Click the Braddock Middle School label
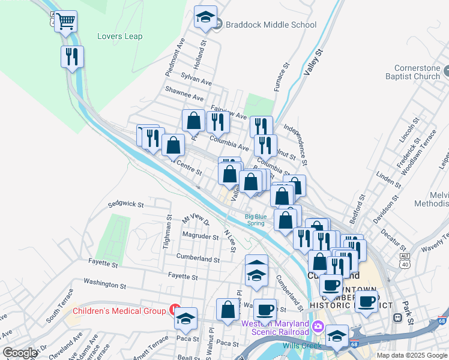coord(271,25)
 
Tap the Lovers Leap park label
coord(120,37)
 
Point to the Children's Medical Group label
coord(119,311)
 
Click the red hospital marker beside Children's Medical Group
coord(175,310)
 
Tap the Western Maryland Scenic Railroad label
coord(275,328)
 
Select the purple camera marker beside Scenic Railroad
coord(318,328)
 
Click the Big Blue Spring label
coord(256,219)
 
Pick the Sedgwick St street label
coord(126,205)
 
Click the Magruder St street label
coord(201,237)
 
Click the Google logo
coord(20,352)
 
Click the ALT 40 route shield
coord(405,259)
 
